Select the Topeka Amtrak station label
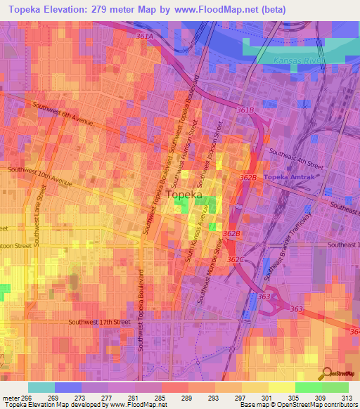point(292,177)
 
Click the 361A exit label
point(146,36)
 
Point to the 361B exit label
point(245,110)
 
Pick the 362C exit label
point(235,259)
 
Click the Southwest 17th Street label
point(99,322)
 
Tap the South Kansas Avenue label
point(195,239)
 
